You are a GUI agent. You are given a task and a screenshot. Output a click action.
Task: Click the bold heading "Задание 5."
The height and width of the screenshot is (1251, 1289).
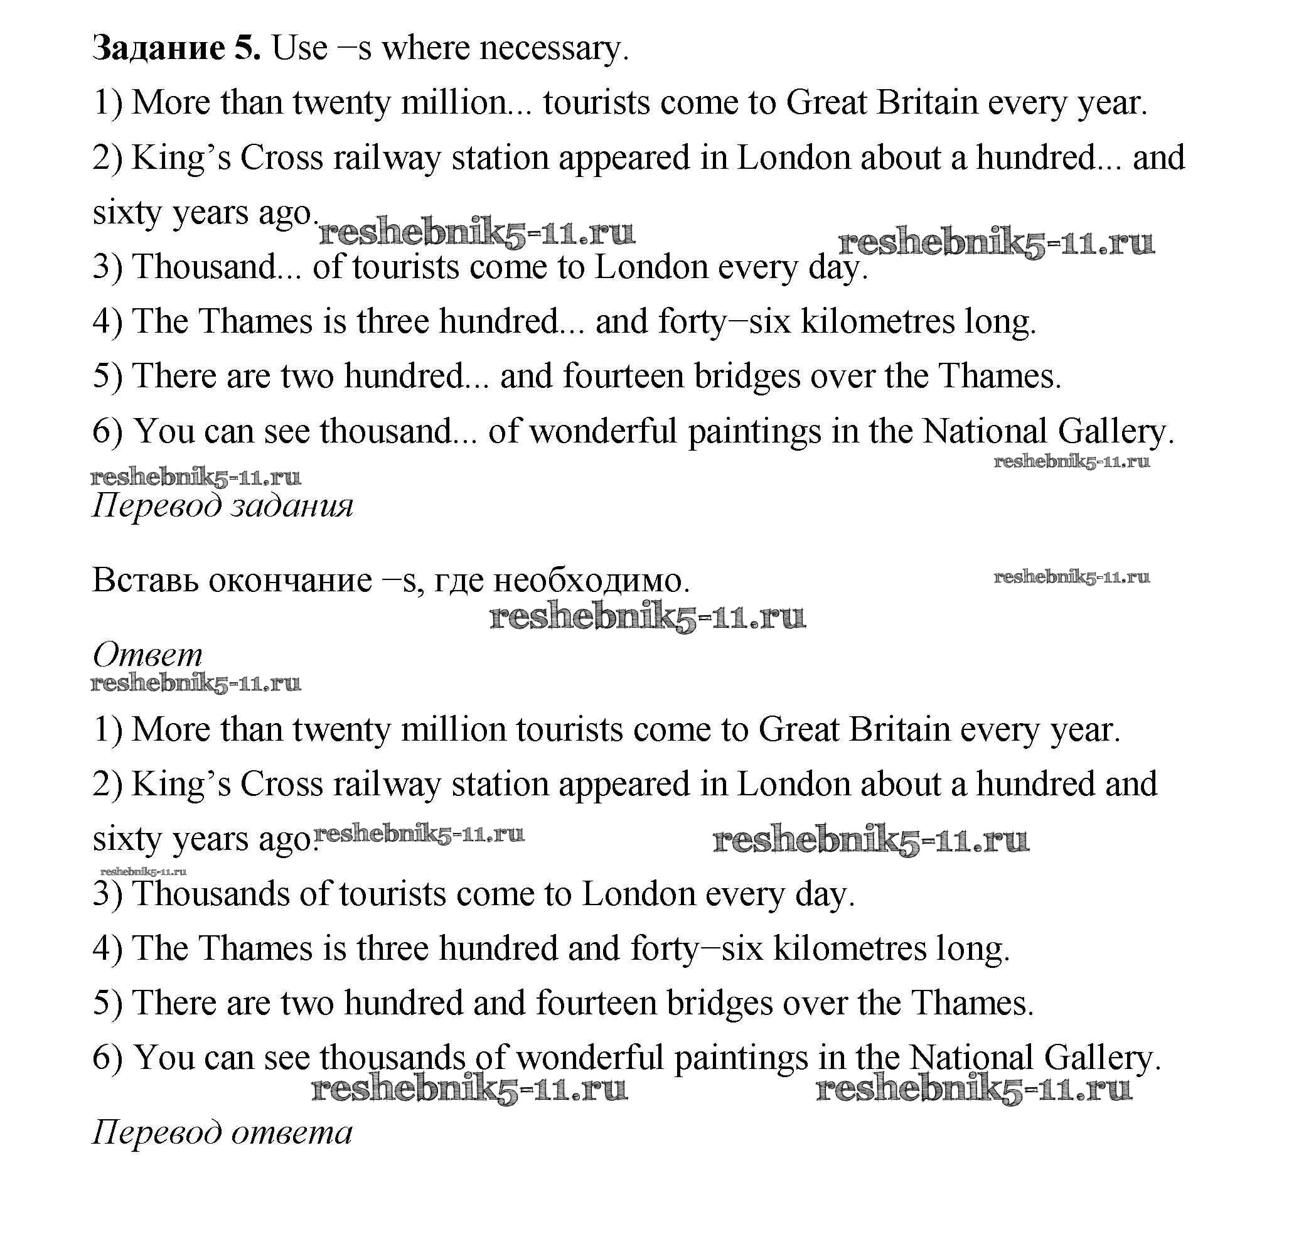(x=176, y=48)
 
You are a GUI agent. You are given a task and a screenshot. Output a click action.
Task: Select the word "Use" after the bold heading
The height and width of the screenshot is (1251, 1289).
(x=299, y=48)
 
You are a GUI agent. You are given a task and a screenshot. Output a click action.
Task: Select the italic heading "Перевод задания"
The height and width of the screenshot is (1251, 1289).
(x=222, y=506)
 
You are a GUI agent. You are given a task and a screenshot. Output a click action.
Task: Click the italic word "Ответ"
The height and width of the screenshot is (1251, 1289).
(x=147, y=655)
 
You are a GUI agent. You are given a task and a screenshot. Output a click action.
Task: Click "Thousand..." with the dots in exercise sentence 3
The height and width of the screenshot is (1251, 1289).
(x=217, y=267)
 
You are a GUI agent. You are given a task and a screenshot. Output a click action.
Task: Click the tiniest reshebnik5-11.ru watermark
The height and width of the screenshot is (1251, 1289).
(x=143, y=871)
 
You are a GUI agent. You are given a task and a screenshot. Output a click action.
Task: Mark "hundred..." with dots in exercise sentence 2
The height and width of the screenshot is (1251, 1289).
(x=1048, y=158)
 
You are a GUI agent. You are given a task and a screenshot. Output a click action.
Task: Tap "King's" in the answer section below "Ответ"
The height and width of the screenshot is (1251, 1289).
(x=181, y=785)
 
